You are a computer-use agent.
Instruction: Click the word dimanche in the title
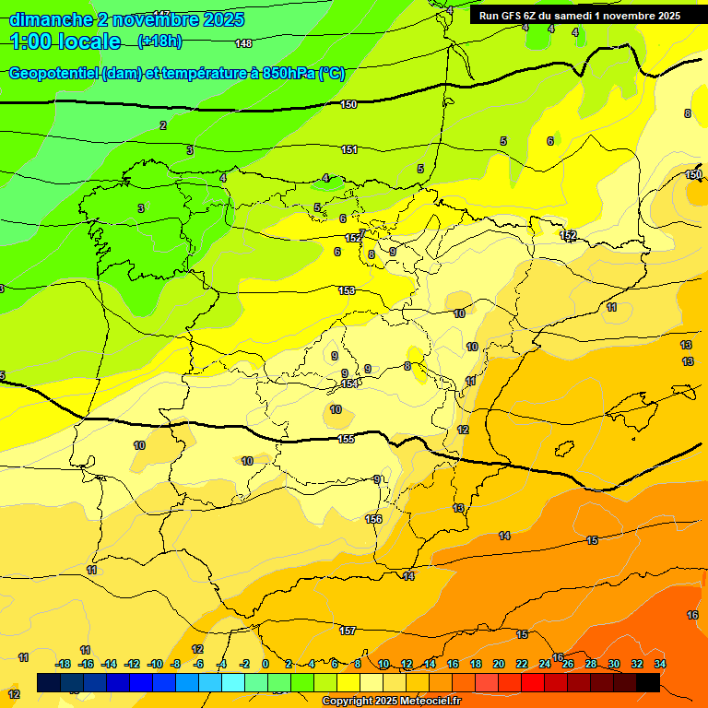click(x=51, y=19)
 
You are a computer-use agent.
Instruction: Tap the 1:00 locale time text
click(x=65, y=41)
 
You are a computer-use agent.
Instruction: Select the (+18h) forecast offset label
click(x=159, y=41)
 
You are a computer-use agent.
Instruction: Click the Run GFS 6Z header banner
click(x=579, y=16)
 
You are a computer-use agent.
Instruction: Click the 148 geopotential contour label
click(x=243, y=43)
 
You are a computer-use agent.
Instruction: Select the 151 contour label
click(x=349, y=149)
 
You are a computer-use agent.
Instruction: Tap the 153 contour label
click(x=347, y=290)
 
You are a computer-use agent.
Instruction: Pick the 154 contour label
click(x=349, y=383)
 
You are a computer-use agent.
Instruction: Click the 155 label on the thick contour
click(x=346, y=439)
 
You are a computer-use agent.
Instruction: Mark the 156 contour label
click(x=373, y=519)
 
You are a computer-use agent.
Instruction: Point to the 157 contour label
click(x=348, y=631)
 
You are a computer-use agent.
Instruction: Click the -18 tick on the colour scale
click(x=64, y=664)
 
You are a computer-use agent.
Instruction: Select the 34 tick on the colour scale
click(x=660, y=664)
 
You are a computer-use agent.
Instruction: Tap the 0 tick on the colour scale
click(x=265, y=664)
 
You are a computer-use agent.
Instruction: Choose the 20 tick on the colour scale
click(x=499, y=664)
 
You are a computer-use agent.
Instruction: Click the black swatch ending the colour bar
click(x=648, y=682)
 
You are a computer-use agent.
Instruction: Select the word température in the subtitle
click(x=200, y=74)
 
